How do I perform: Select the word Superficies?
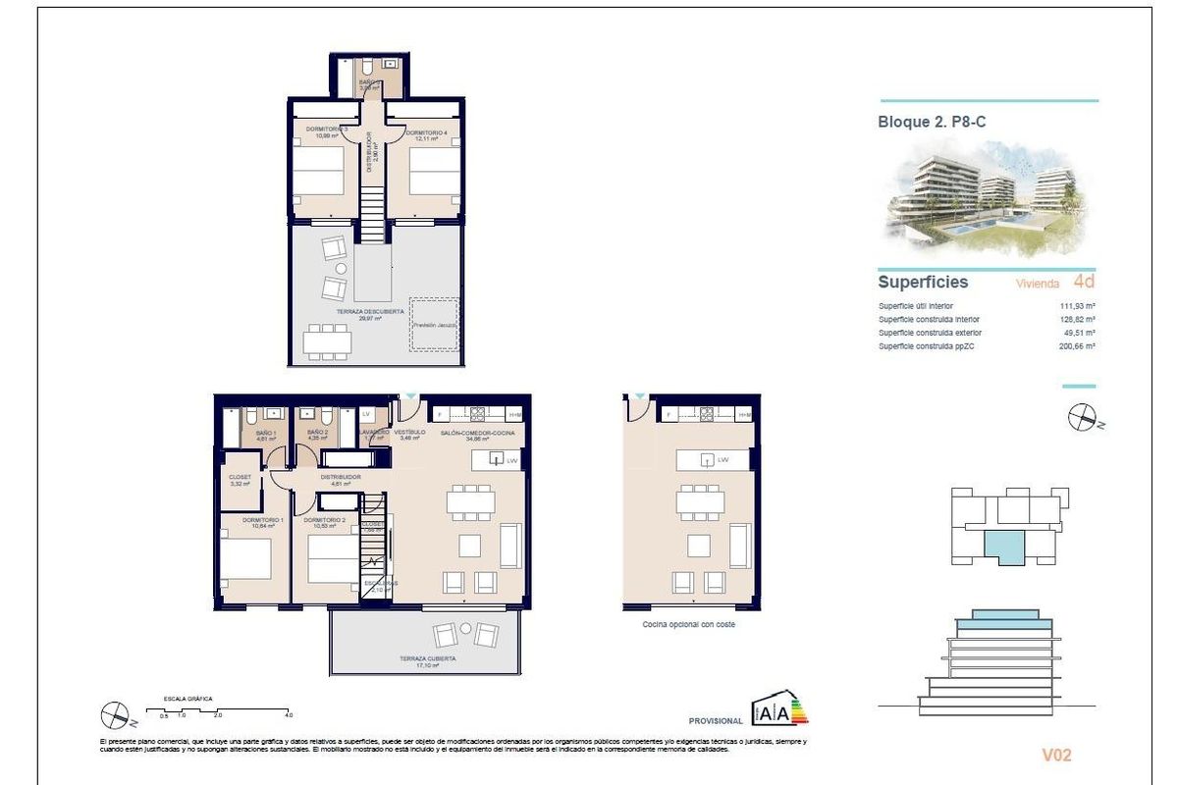(923, 283)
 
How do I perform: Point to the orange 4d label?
(1084, 282)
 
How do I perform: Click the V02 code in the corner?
(1056, 755)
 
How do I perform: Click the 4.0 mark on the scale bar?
(289, 715)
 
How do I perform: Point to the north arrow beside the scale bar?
(114, 715)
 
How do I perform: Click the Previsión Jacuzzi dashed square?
(435, 324)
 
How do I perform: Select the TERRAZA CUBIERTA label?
(427, 659)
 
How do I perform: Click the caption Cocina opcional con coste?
(688, 624)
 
